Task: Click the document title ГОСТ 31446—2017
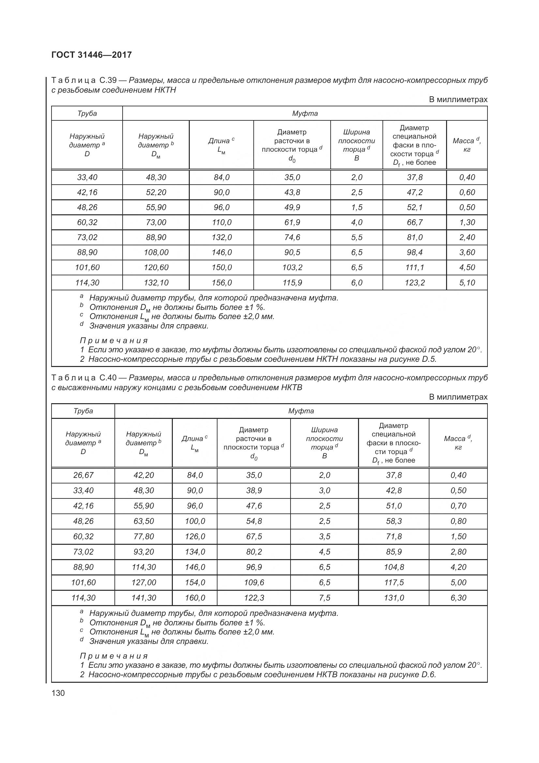pyautogui.click(x=92, y=55)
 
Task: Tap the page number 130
pyautogui.click(x=58, y=693)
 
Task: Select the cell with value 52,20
pyautogui.click(x=156, y=192)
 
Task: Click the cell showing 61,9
pyautogui.click(x=292, y=222)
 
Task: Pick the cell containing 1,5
pyautogui.click(x=357, y=207)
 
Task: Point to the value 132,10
pyautogui.click(x=156, y=283)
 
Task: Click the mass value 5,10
pyautogui.click(x=467, y=283)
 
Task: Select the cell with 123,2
pyautogui.click(x=414, y=283)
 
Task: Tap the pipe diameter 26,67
pyautogui.click(x=83, y=475)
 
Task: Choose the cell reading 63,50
pyautogui.click(x=143, y=521)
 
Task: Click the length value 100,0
pyautogui.click(x=195, y=521)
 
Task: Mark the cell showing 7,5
pyautogui.click(x=324, y=598)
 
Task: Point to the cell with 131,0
pyautogui.click(x=394, y=598)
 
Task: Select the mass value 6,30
pyautogui.click(x=458, y=598)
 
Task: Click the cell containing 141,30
pyautogui.click(x=143, y=598)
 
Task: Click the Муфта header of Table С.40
pyautogui.click(x=301, y=411)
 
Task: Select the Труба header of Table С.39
pyautogui.click(x=87, y=114)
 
